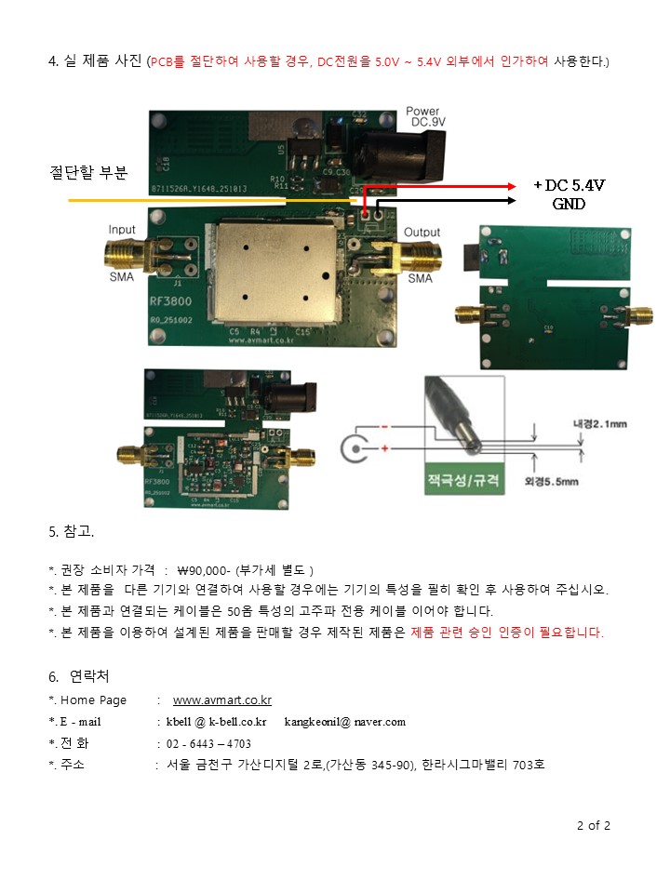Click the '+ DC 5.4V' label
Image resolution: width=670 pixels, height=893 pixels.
(568, 186)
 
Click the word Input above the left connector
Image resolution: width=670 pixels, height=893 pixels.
(122, 230)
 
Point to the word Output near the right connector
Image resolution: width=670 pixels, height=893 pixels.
(422, 232)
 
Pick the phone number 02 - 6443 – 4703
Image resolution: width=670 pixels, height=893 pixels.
(208, 743)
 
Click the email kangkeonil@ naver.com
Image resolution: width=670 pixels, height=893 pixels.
(344, 722)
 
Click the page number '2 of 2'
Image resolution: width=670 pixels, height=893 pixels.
(594, 825)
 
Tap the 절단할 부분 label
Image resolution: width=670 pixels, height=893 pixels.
(87, 172)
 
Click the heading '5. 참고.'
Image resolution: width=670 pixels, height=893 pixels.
(72, 532)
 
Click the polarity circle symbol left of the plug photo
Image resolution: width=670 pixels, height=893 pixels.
(354, 449)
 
